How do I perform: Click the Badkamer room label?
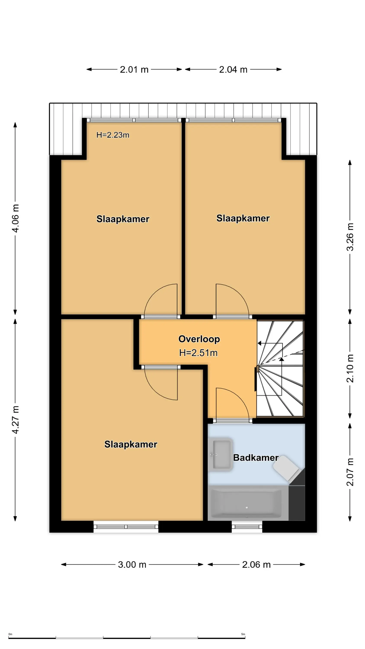click(256, 458)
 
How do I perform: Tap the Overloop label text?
click(199, 339)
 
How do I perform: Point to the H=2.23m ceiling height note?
click(113, 135)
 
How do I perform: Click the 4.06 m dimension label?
click(15, 218)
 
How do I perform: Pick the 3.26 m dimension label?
click(350, 237)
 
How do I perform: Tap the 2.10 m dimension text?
click(350, 368)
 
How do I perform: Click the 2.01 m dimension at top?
click(134, 69)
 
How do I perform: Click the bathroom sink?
click(222, 455)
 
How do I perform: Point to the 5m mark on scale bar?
click(243, 634)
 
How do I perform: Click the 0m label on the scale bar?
click(10, 634)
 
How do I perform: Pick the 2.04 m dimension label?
click(233, 69)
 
